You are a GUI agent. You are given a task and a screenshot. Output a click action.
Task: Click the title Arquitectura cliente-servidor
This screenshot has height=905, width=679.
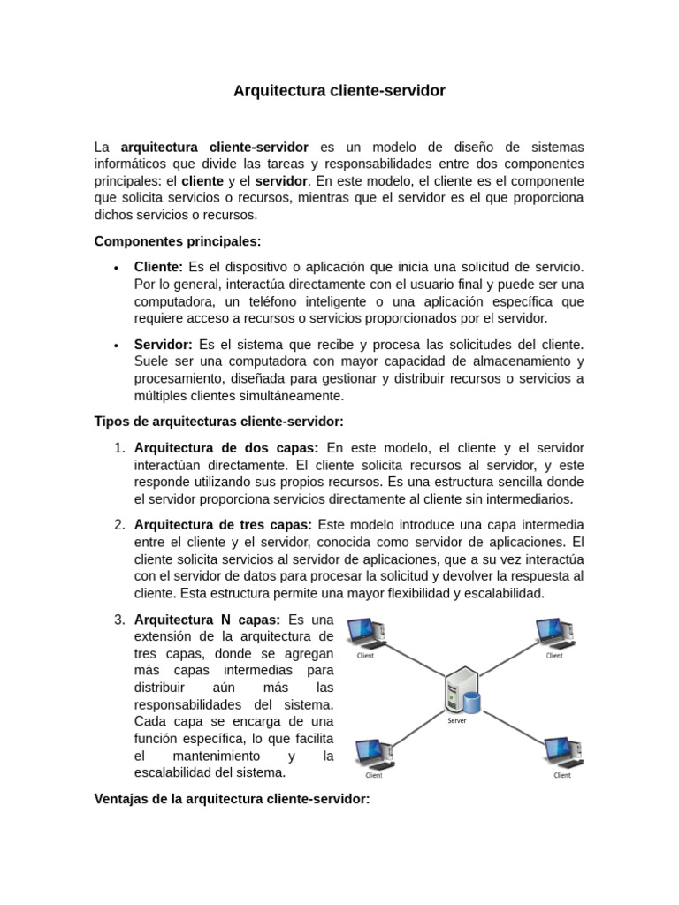(x=339, y=91)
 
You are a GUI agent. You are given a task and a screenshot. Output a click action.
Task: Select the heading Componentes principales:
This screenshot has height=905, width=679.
(x=178, y=241)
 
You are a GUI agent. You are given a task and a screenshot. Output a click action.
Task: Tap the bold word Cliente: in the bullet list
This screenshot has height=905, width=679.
(x=158, y=267)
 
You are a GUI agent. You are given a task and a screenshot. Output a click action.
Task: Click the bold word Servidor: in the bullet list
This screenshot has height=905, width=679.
(x=163, y=344)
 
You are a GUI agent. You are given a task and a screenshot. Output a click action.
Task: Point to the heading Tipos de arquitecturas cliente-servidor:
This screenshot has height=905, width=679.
(x=218, y=422)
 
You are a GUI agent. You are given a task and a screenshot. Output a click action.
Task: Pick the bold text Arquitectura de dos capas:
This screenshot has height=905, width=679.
(x=226, y=448)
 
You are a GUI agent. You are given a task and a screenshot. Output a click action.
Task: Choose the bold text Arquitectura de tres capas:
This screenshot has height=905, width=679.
(x=222, y=525)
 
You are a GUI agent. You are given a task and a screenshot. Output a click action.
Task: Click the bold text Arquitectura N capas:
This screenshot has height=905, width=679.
(x=206, y=620)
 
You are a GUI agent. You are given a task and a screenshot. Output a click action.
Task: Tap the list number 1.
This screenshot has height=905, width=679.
(x=119, y=448)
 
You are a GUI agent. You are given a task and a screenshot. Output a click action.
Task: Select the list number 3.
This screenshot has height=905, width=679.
(x=119, y=620)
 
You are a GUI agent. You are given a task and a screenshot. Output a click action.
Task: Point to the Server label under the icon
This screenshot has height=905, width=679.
(x=457, y=720)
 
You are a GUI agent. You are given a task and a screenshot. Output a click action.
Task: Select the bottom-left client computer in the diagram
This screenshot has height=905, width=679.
(x=372, y=752)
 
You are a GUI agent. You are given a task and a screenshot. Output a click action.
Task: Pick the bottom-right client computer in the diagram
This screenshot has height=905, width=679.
(x=562, y=752)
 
